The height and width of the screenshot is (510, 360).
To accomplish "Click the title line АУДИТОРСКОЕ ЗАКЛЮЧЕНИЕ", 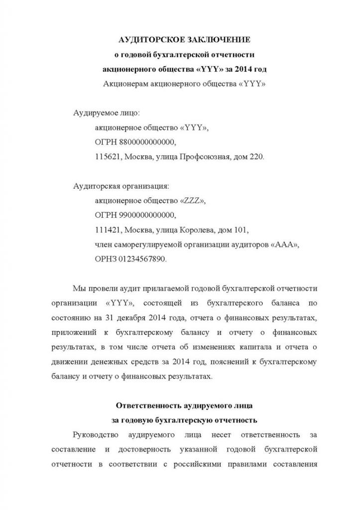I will tap(185, 39).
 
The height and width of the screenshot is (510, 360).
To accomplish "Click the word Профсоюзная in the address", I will tap(204, 156).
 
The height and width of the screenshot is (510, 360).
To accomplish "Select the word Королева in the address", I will tap(197, 230).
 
